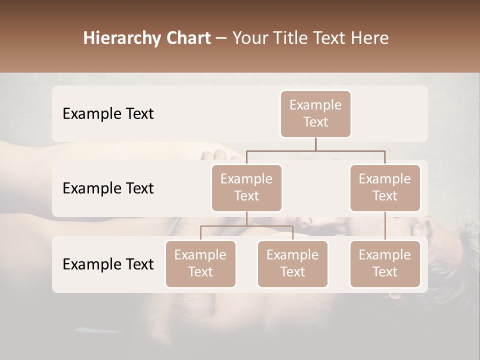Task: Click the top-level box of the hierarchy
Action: (315, 114)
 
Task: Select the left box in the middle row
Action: (246, 188)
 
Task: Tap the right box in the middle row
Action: (385, 188)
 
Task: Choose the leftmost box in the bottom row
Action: (200, 264)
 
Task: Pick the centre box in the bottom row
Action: (292, 264)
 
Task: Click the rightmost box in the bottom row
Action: (385, 264)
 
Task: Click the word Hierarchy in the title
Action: (118, 38)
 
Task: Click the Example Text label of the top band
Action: (108, 114)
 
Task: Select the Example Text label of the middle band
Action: (108, 188)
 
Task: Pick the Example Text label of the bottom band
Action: (108, 264)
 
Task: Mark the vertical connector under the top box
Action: (315, 144)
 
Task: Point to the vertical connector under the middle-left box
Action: (246, 219)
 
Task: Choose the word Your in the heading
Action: (250, 38)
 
